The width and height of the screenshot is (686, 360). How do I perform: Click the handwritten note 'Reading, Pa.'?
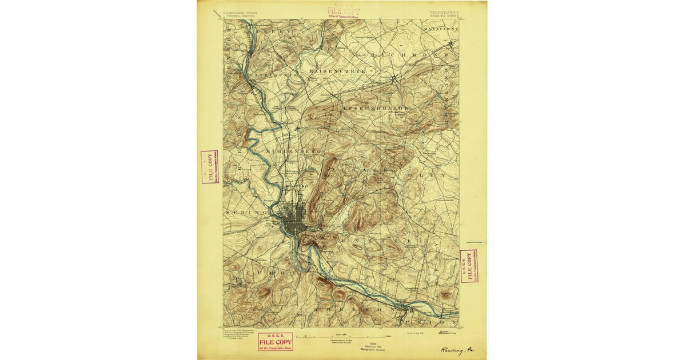pyautogui.click(x=457, y=350)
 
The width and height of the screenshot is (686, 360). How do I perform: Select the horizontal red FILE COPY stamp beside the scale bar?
pyautogui.click(x=275, y=341)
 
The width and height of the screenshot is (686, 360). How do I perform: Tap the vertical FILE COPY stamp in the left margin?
pyautogui.click(x=209, y=167)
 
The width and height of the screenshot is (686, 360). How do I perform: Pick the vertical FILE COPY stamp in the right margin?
pyautogui.click(x=469, y=266)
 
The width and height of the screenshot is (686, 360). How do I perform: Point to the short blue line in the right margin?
pyautogui.click(x=474, y=243)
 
